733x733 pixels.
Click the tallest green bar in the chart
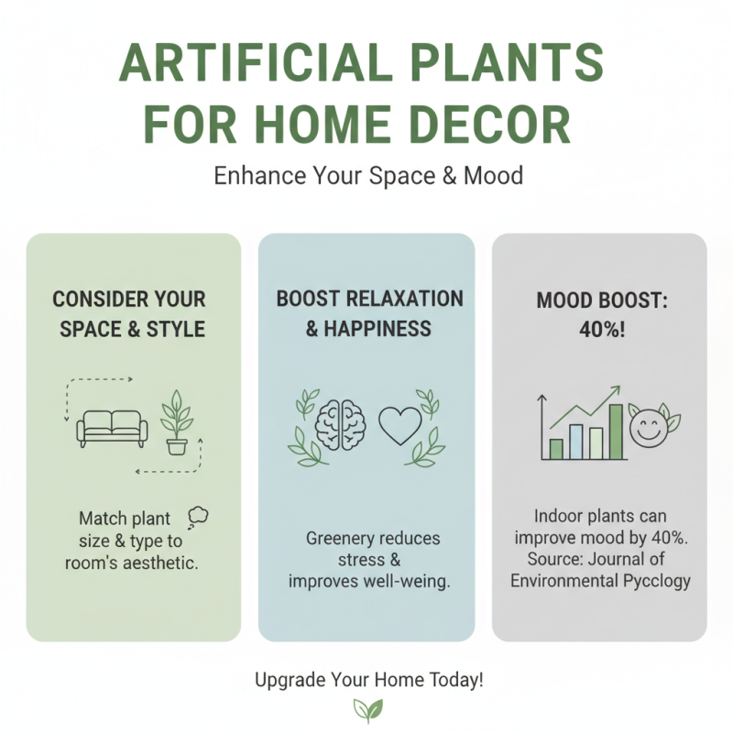tap(617, 432)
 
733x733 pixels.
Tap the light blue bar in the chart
tap(575, 441)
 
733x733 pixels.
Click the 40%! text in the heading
tap(599, 330)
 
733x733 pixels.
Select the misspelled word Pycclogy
tap(652, 580)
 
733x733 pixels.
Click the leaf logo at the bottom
tap(367, 709)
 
